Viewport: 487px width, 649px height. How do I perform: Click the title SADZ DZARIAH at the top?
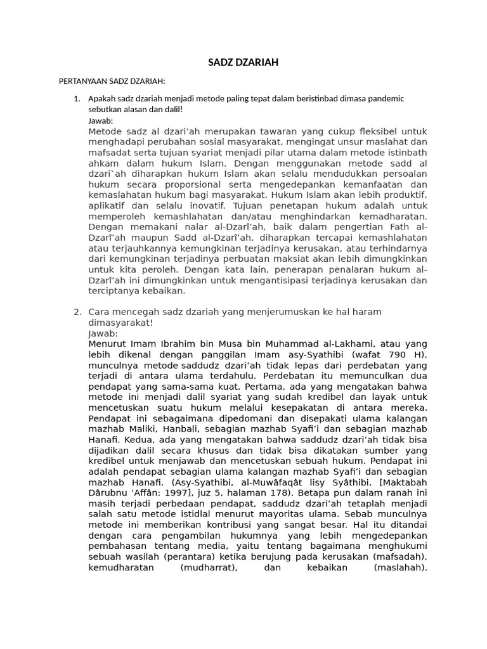click(243, 63)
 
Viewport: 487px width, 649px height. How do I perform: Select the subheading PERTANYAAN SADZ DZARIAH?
click(112, 82)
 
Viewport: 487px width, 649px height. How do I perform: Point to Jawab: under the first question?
click(101, 120)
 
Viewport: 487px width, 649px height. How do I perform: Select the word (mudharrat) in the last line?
click(204, 567)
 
